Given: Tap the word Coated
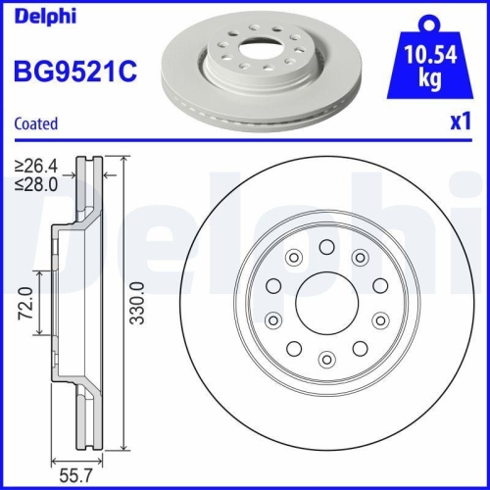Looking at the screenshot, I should [x=36, y=123].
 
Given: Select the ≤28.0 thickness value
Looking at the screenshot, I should [x=36, y=182].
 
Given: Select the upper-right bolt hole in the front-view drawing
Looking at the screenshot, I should [x=361, y=257].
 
